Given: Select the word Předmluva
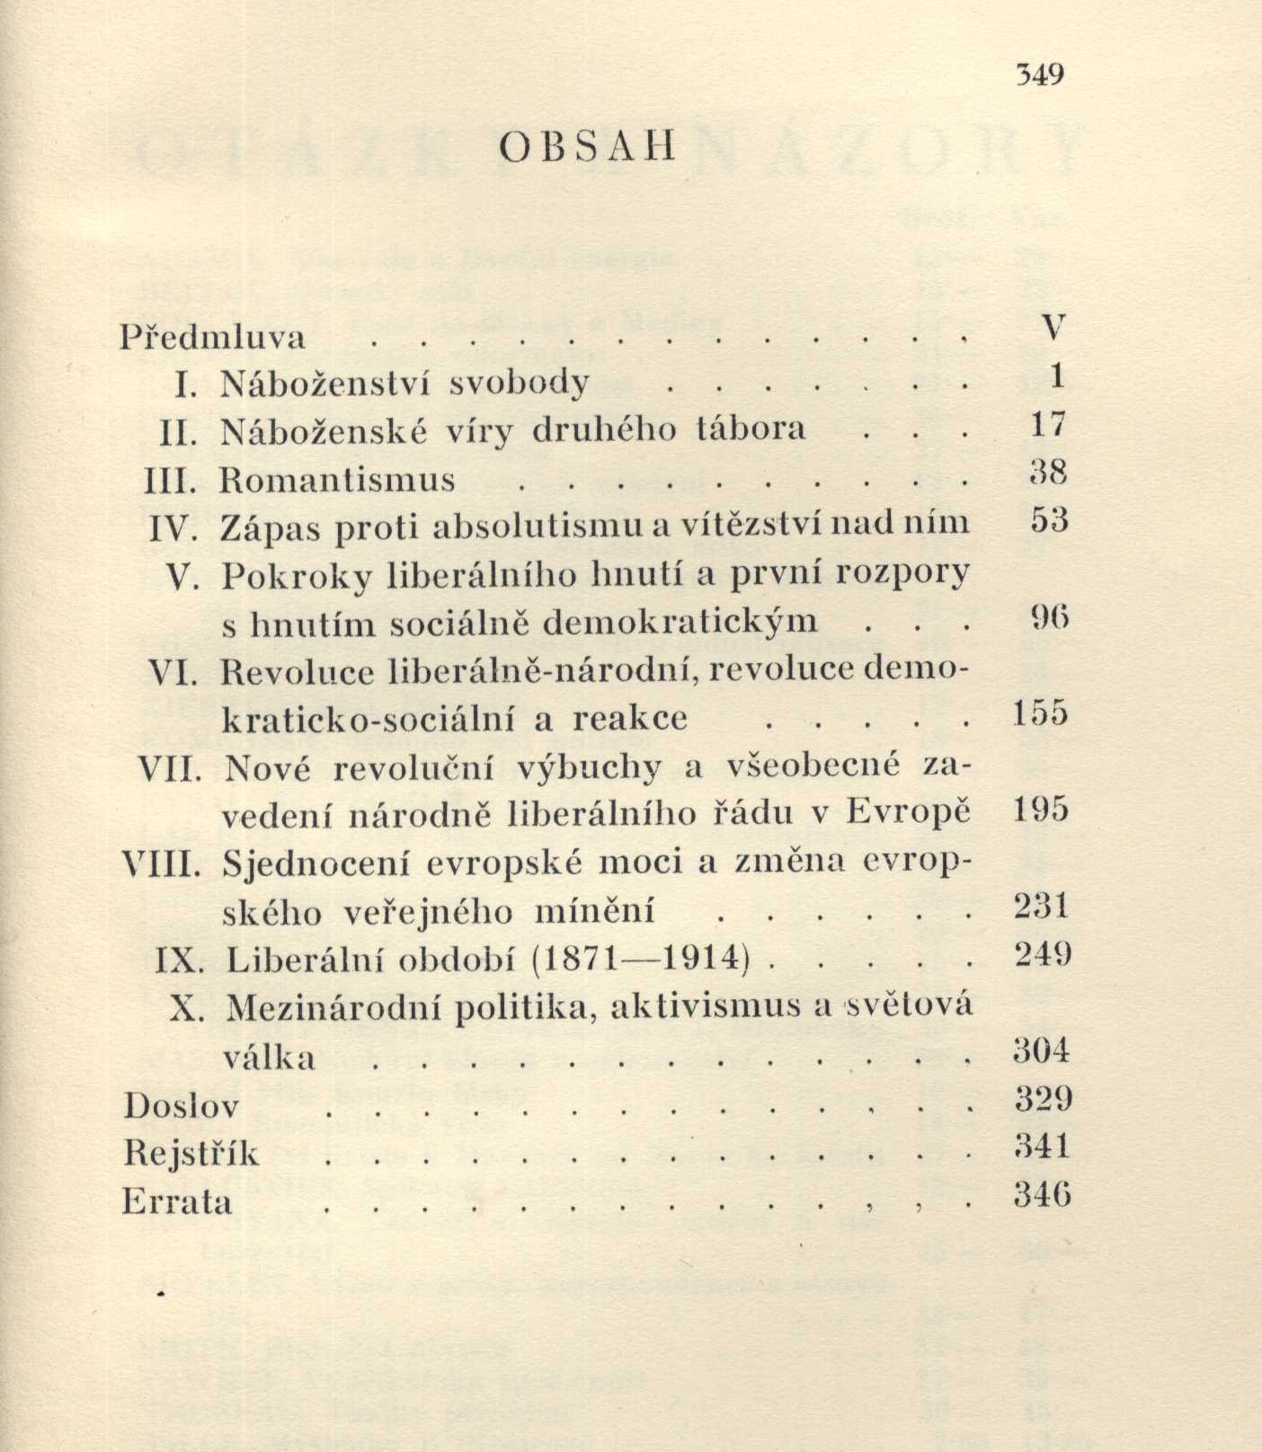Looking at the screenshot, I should [213, 337].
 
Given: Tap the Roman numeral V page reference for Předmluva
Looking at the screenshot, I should [1055, 327].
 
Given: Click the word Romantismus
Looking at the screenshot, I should [338, 480].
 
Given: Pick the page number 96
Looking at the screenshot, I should [1047, 618].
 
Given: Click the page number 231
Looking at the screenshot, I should [1042, 906].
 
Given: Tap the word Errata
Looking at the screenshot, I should [177, 1201].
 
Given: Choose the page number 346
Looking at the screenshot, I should [1042, 1195].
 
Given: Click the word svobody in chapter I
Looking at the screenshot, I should [519, 383].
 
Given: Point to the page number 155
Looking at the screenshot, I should [1040, 714].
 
